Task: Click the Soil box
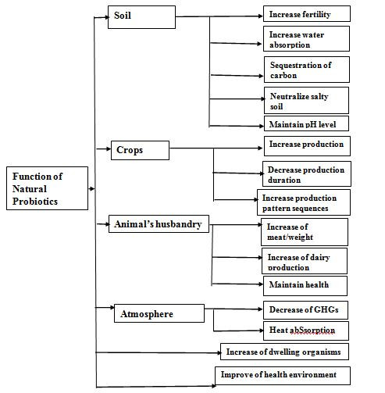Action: (141, 17)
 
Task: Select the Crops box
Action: (140, 150)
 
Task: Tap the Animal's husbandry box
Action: (159, 223)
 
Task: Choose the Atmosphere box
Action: (159, 313)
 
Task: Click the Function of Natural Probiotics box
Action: (47, 188)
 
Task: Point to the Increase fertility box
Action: (307, 14)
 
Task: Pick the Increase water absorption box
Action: (306, 39)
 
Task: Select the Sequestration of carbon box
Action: (307, 70)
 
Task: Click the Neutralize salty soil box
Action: (306, 101)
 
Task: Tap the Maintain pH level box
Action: (306, 123)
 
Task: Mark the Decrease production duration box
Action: (307, 173)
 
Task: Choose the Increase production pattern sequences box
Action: (304, 202)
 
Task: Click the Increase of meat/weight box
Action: (305, 232)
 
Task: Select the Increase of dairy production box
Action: (305, 261)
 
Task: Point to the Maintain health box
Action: (305, 286)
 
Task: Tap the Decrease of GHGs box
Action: (305, 310)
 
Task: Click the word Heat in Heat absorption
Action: (278, 330)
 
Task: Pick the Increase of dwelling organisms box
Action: (284, 352)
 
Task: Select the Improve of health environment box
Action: (283, 376)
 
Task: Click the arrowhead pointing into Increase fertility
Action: (261, 16)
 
